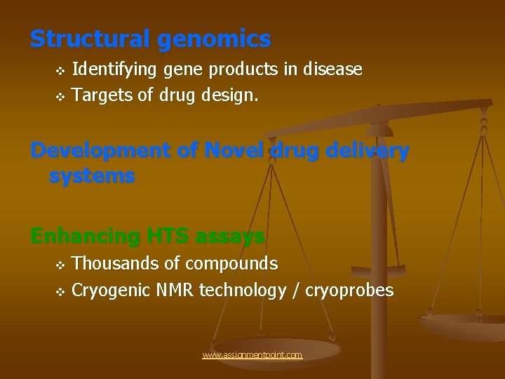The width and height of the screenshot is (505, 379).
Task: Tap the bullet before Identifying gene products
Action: pos(60,71)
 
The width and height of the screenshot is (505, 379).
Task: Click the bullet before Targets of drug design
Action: pos(60,96)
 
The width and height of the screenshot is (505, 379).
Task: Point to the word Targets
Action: pos(102,95)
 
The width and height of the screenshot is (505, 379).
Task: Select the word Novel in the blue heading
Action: pos(231,151)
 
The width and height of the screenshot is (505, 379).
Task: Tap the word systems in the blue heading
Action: pos(91,175)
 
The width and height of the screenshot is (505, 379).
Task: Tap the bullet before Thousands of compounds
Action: pos(60,265)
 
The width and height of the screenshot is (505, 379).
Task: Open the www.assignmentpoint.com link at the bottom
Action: pos(252,355)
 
